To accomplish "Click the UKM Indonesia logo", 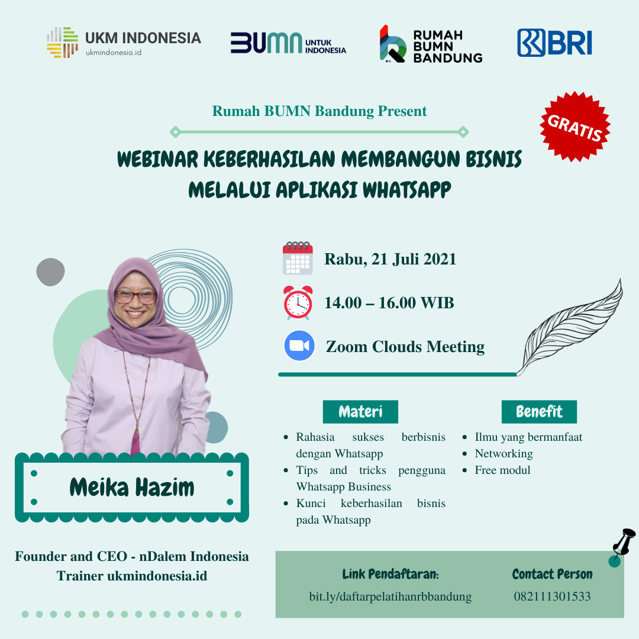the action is pyautogui.click(x=124, y=43).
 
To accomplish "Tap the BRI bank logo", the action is pyautogui.click(x=554, y=43).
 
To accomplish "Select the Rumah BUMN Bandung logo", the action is pyautogui.click(x=431, y=44).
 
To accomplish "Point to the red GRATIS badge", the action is pyautogui.click(x=575, y=127).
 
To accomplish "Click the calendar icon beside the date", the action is pyautogui.click(x=298, y=258).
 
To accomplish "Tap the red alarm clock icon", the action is pyautogui.click(x=298, y=302).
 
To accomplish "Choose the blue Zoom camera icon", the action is pyautogui.click(x=299, y=346).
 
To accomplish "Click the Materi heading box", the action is pyautogui.click(x=360, y=412).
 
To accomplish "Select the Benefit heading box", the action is pyautogui.click(x=539, y=412).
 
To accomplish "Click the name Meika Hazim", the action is pyautogui.click(x=132, y=488).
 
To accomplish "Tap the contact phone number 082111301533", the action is pyautogui.click(x=552, y=596).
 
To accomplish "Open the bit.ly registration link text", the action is pyautogui.click(x=390, y=596).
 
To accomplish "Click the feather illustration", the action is pyautogui.click(x=570, y=327).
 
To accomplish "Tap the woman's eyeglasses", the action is pyautogui.click(x=135, y=296).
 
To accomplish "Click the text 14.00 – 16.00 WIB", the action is pyautogui.click(x=389, y=303).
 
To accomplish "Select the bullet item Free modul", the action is pyautogui.click(x=502, y=470).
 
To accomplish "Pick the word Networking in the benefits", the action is pyautogui.click(x=504, y=454).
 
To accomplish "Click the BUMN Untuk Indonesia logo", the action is pyautogui.click(x=288, y=43).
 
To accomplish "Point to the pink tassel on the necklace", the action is pyautogui.click(x=135, y=443).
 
